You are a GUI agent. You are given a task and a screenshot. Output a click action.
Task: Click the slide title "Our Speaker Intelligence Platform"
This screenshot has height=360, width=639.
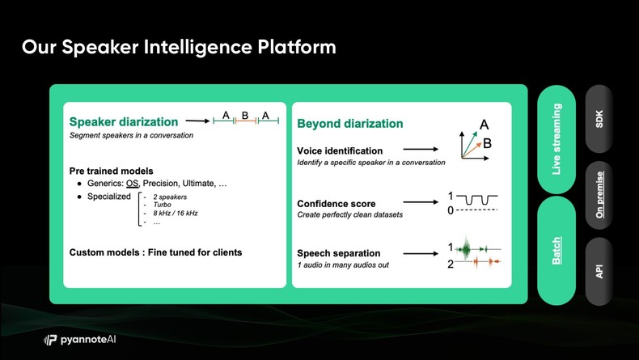179,47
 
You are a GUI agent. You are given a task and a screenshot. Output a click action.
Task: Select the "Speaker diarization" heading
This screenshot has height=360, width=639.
124,121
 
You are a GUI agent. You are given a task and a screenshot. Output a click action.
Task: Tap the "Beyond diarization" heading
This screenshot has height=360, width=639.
350,124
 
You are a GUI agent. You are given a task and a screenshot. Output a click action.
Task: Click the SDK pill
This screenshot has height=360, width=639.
599,119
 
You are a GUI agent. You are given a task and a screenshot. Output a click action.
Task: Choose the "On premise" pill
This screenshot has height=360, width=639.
599,195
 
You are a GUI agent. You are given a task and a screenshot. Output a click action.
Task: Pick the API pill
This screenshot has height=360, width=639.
599,271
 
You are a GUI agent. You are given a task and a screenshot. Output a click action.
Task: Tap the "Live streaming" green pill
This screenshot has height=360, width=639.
556,139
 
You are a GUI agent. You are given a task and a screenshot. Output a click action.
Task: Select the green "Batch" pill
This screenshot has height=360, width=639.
556,250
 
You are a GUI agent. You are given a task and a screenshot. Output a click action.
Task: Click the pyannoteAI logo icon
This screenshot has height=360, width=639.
50,340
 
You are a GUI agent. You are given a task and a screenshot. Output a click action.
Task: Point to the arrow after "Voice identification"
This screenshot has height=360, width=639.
421,149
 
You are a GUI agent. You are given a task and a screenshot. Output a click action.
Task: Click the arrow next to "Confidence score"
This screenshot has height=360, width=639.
421,201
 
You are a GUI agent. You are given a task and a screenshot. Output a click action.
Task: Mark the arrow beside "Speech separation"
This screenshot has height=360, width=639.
421,253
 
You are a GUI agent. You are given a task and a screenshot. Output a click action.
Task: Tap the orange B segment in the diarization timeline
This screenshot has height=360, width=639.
246,121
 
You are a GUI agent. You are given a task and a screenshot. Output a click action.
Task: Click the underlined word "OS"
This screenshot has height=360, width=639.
132,184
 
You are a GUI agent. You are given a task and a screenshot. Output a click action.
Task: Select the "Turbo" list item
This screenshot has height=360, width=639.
163,205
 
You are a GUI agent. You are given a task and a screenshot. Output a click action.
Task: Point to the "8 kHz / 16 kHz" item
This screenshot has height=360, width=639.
176,213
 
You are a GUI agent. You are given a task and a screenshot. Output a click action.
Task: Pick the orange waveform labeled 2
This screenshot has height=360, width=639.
478,262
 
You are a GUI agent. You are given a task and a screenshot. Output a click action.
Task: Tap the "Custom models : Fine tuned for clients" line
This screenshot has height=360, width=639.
155,252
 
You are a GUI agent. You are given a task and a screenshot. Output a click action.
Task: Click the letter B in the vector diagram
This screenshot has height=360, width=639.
487,143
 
